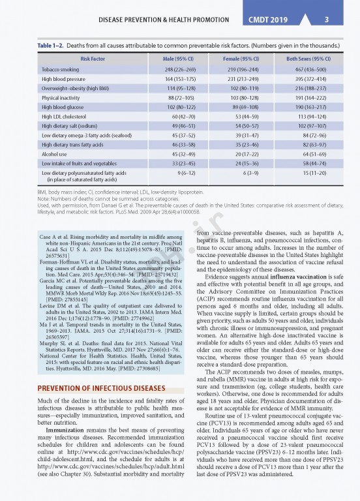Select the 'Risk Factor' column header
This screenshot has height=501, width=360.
tap(93, 59)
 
